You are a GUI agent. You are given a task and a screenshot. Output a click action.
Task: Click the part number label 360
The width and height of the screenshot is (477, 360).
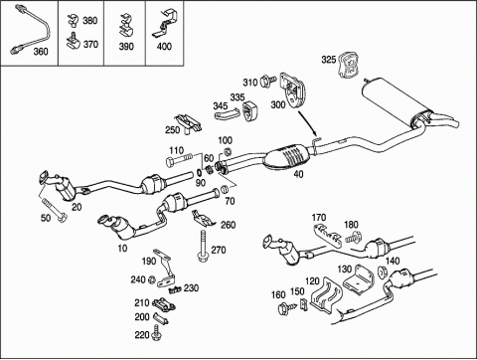coord(41,52)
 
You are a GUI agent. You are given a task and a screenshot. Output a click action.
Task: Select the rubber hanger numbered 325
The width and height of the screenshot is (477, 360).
coord(348,65)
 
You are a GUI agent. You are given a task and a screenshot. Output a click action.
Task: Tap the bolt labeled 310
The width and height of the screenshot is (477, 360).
coord(267,81)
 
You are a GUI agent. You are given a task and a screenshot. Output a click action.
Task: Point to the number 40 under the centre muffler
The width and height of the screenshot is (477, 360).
coord(298,174)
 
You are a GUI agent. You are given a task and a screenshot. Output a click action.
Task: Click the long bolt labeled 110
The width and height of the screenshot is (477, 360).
coord(179,160)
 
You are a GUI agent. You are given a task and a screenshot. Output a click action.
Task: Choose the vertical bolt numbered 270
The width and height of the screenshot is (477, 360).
coord(203,246)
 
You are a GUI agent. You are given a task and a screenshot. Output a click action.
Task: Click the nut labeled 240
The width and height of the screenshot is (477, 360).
coord(152,279)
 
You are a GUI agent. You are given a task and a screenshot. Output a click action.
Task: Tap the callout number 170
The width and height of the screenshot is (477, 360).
coord(319,218)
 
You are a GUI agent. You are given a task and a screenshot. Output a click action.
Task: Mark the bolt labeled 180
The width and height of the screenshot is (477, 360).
coord(354,238)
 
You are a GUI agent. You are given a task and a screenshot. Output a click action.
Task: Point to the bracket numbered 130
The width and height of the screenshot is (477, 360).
coord(359,279)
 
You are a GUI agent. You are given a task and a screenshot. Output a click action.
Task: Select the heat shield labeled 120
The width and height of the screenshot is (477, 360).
coord(326,295)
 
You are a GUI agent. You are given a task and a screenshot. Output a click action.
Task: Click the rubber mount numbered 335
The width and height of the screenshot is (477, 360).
coord(249,111)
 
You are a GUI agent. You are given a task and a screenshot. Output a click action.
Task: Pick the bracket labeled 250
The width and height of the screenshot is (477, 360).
coord(188,123)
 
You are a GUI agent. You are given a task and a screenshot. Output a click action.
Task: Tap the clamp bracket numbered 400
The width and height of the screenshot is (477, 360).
coord(165,24)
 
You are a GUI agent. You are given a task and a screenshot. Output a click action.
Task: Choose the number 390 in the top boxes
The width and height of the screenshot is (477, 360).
coord(126,47)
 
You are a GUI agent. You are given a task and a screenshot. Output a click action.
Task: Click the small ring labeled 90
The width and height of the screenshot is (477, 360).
coord(199,173)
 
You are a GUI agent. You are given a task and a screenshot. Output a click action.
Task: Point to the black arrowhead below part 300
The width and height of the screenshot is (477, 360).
coord(315,133)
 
